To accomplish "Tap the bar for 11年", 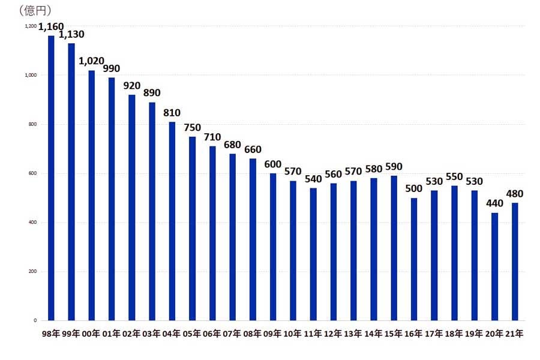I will tap(313, 254).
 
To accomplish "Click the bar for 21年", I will tap(515, 262).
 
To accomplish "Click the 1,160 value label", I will tap(51, 26).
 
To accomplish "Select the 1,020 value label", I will tap(91, 61).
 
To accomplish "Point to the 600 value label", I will tap(273, 164).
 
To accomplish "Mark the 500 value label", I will tap(414, 188).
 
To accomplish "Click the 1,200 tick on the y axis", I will tap(31, 26).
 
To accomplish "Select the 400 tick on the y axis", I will tap(32, 223).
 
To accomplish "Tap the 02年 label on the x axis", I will tap(131, 335).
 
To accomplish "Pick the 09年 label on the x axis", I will tap(273, 335).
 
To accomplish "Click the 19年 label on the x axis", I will tap(475, 335).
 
